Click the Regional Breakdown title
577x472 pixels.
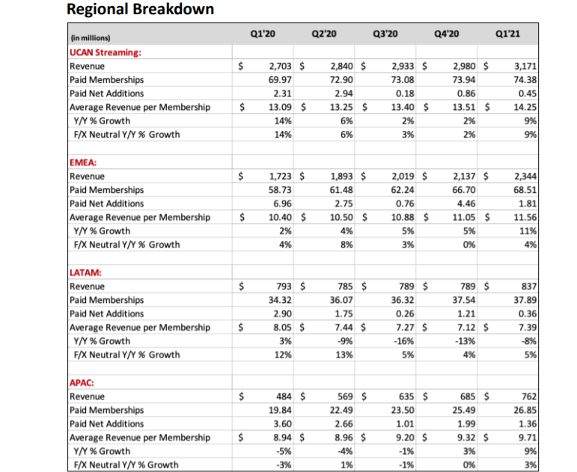coord(140,10)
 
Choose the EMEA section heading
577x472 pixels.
coord(81,162)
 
